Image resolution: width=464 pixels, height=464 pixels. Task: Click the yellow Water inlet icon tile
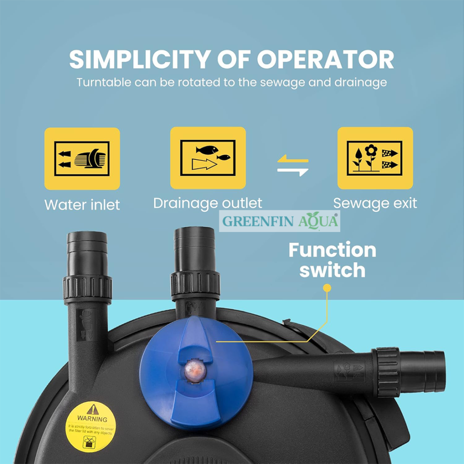82,158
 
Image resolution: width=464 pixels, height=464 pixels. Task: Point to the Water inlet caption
82,205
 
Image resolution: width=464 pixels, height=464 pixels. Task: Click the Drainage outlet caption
208,203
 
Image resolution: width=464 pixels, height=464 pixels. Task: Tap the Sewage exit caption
375,203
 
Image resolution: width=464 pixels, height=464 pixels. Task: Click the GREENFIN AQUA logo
280,221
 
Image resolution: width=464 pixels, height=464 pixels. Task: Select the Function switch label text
332,260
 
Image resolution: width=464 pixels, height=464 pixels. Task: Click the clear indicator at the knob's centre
192,367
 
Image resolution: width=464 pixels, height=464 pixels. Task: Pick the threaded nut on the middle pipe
195,284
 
